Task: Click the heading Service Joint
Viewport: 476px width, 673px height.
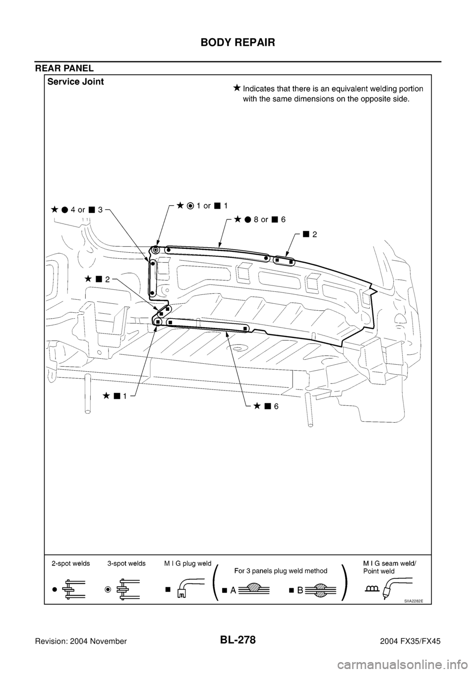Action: tap(75, 82)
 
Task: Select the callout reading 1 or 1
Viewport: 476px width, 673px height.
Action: tap(202, 205)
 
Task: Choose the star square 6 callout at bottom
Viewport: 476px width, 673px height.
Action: tap(266, 406)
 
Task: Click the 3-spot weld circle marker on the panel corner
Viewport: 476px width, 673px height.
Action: tap(155, 250)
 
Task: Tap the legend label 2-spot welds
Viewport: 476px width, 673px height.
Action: tap(70, 563)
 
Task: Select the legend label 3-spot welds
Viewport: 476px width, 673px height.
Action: tap(126, 563)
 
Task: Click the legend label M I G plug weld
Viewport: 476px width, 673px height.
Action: tap(188, 563)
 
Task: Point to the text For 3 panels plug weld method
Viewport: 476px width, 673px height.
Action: tap(282, 570)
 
